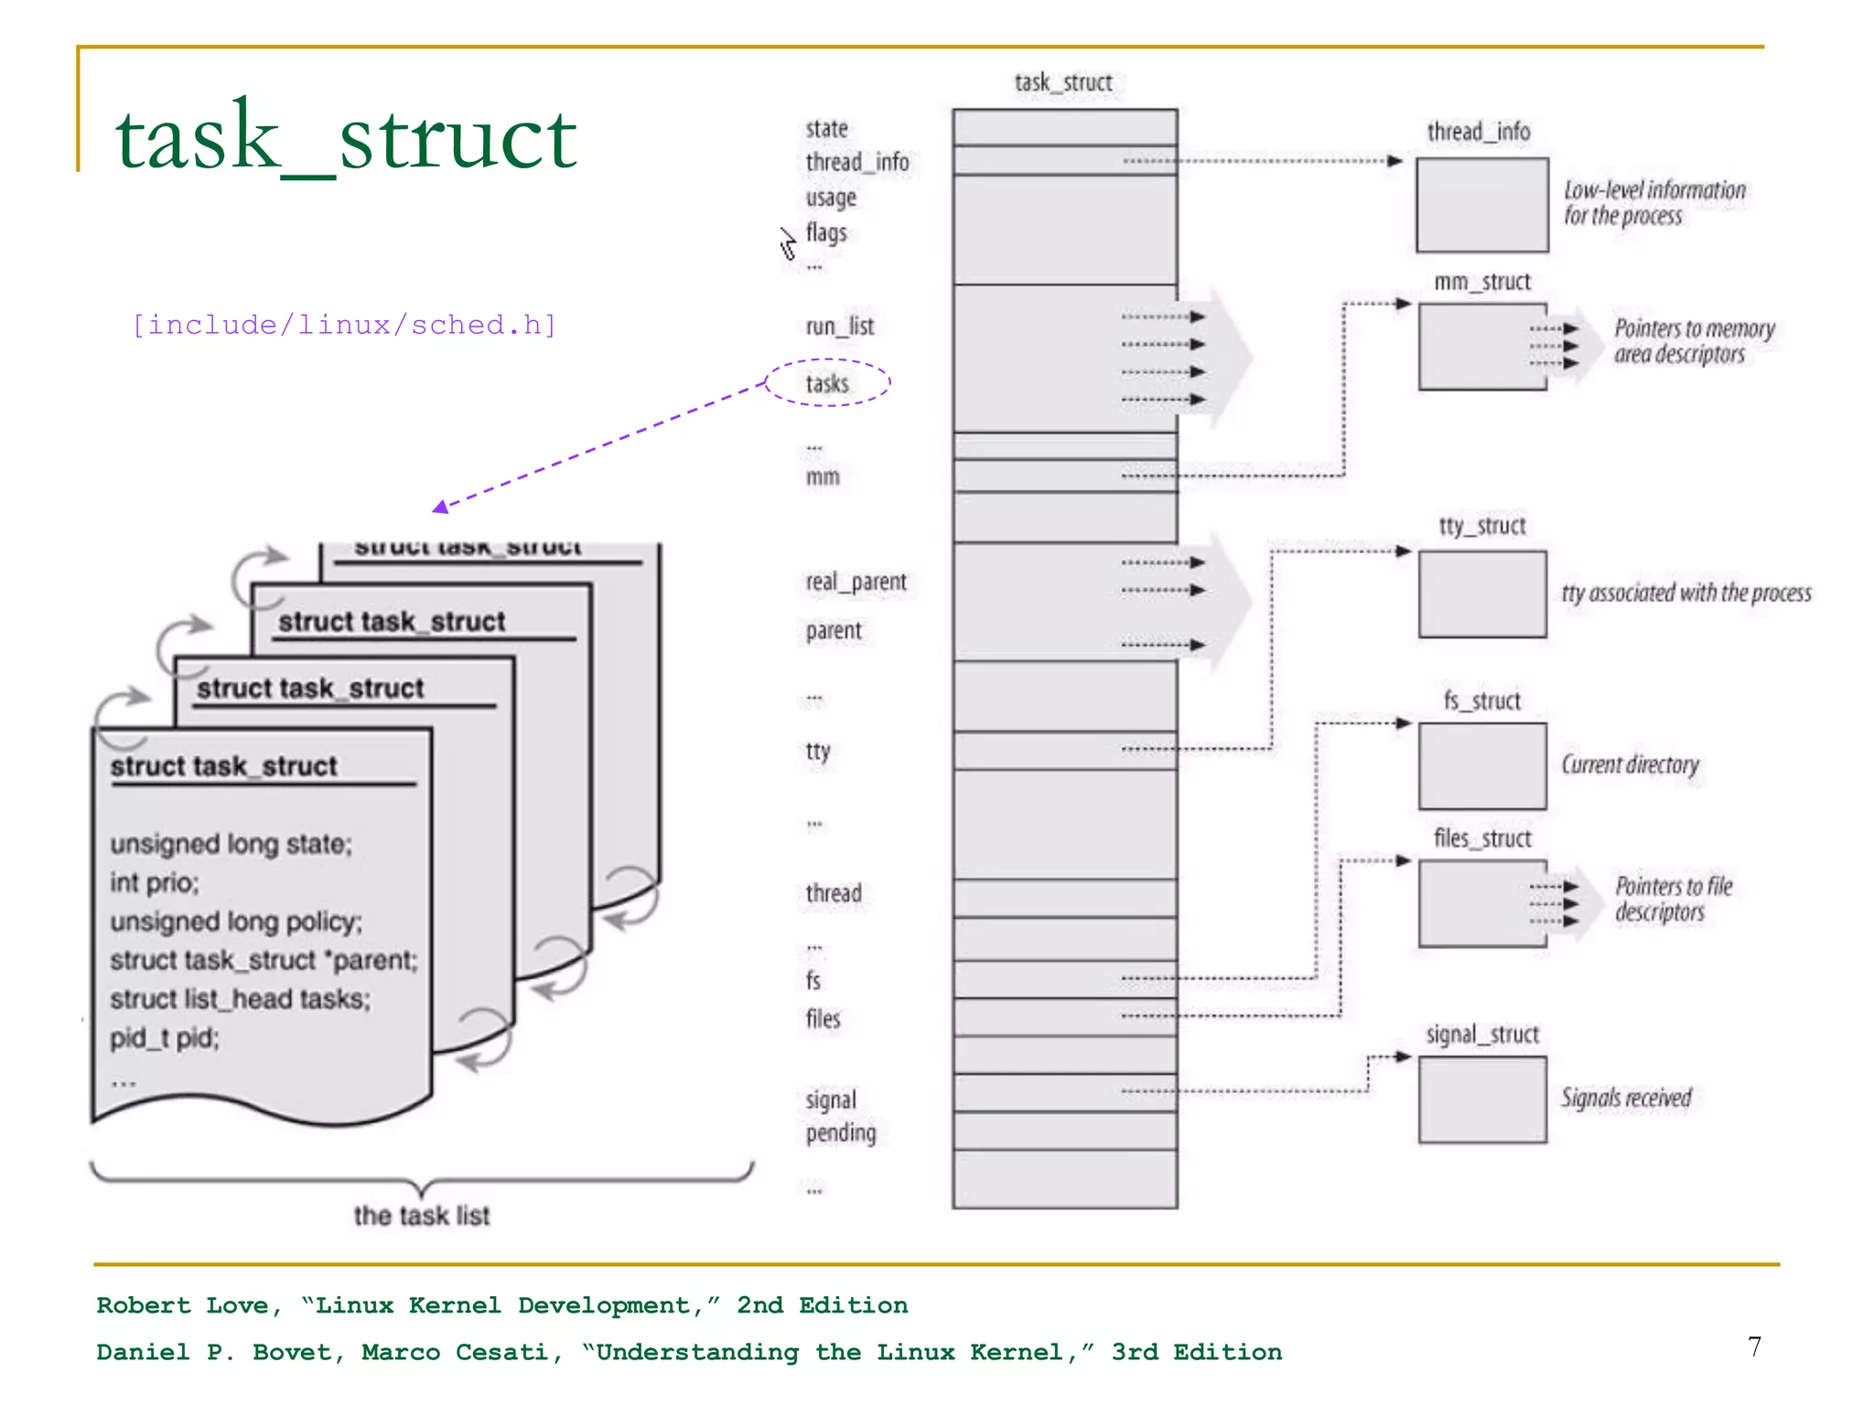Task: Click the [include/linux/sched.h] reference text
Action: pyautogui.click(x=344, y=325)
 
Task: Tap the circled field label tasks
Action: pyautogui.click(x=827, y=383)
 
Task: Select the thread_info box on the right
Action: pyautogui.click(x=1481, y=205)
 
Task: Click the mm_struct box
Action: pyautogui.click(x=1481, y=347)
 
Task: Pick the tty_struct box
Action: pyautogui.click(x=1481, y=594)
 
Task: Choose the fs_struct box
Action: pyautogui.click(x=1481, y=766)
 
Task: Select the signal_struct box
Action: pyautogui.click(x=1481, y=1099)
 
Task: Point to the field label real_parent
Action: pyautogui.click(x=856, y=582)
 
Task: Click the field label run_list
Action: pyautogui.click(x=839, y=327)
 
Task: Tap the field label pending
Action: pyautogui.click(x=840, y=1133)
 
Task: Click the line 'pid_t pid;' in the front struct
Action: pyautogui.click(x=165, y=1038)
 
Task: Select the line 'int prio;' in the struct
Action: pyautogui.click(x=155, y=883)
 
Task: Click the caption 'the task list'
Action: pyautogui.click(x=422, y=1216)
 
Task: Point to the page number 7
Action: pyautogui.click(x=1754, y=1346)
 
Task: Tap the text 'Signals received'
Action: pyautogui.click(x=1626, y=1098)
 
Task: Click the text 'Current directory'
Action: pyautogui.click(x=1630, y=765)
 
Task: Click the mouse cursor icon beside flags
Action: pyautogui.click(x=788, y=243)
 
